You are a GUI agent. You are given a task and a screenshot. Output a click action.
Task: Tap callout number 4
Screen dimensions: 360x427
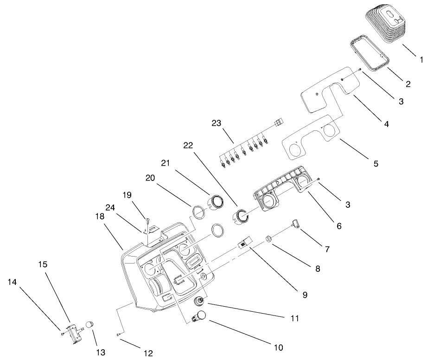tap(386, 124)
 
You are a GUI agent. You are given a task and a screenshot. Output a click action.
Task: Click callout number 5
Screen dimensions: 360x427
tap(376, 163)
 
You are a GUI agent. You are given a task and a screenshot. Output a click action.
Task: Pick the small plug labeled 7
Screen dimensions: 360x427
tap(296, 225)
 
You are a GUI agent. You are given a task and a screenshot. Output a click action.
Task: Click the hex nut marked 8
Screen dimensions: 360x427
tap(268, 239)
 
